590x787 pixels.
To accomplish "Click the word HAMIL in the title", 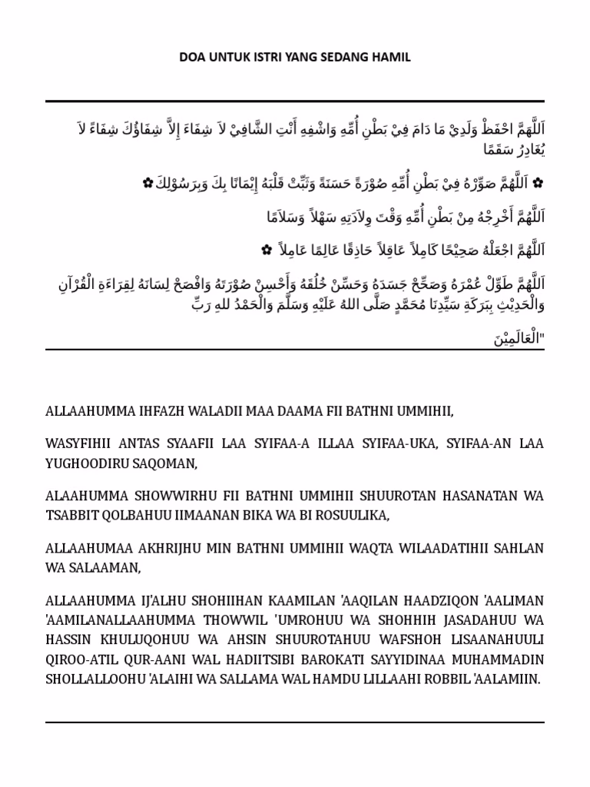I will (x=392, y=57).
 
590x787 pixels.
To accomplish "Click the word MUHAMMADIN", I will (x=499, y=660).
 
